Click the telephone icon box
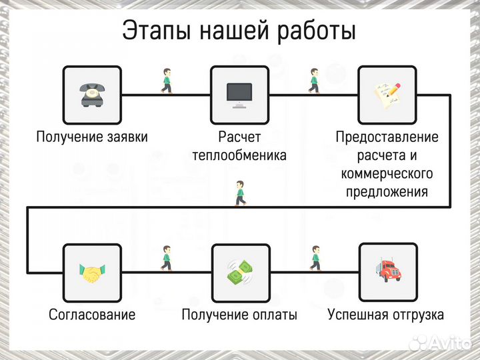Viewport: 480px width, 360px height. (x=91, y=95)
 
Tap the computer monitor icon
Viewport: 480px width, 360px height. (x=240, y=95)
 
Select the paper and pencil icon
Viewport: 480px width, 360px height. (x=388, y=95)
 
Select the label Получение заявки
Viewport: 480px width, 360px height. (x=91, y=137)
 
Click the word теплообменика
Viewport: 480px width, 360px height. (x=239, y=156)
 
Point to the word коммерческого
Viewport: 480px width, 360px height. (x=387, y=174)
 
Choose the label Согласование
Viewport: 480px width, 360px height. (x=91, y=315)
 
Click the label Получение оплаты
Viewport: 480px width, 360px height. (x=239, y=315)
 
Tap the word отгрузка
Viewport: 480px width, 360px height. (x=414, y=315)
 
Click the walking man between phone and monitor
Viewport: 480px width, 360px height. (x=166, y=80)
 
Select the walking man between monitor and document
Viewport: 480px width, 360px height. (x=314, y=80)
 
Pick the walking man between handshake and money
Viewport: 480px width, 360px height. (x=166, y=257)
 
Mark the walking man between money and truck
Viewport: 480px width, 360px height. (x=314, y=257)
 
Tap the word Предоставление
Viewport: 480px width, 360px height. (x=387, y=137)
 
